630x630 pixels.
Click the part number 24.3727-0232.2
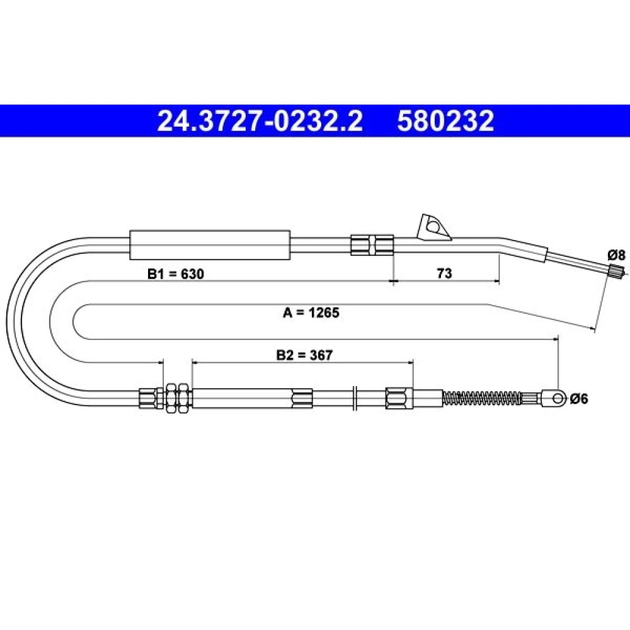point(260,121)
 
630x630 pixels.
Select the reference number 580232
point(445,121)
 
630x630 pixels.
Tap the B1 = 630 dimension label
point(176,273)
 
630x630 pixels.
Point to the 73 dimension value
point(444,273)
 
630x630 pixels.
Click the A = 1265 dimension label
point(311,312)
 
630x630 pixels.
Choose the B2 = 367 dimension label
point(304,355)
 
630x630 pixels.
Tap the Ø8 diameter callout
point(616,255)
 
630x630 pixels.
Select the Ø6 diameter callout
point(578,399)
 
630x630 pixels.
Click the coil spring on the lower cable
point(483,399)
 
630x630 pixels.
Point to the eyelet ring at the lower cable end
point(557,399)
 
